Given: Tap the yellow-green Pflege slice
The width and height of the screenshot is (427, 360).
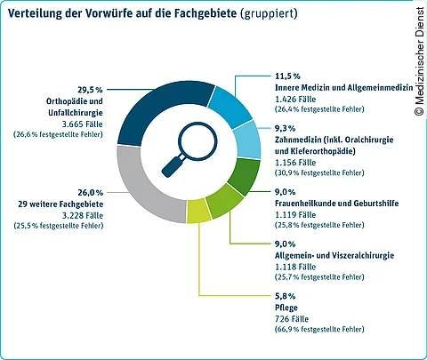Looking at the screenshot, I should point(197,212).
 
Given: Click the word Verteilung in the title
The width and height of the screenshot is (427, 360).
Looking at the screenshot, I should point(38,14).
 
